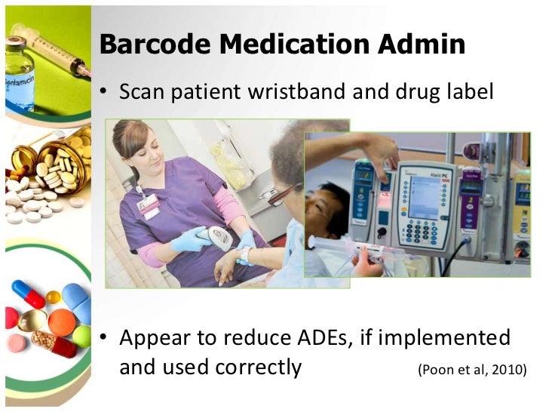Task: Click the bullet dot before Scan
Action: [x=105, y=93]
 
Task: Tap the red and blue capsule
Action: [x=29, y=294]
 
